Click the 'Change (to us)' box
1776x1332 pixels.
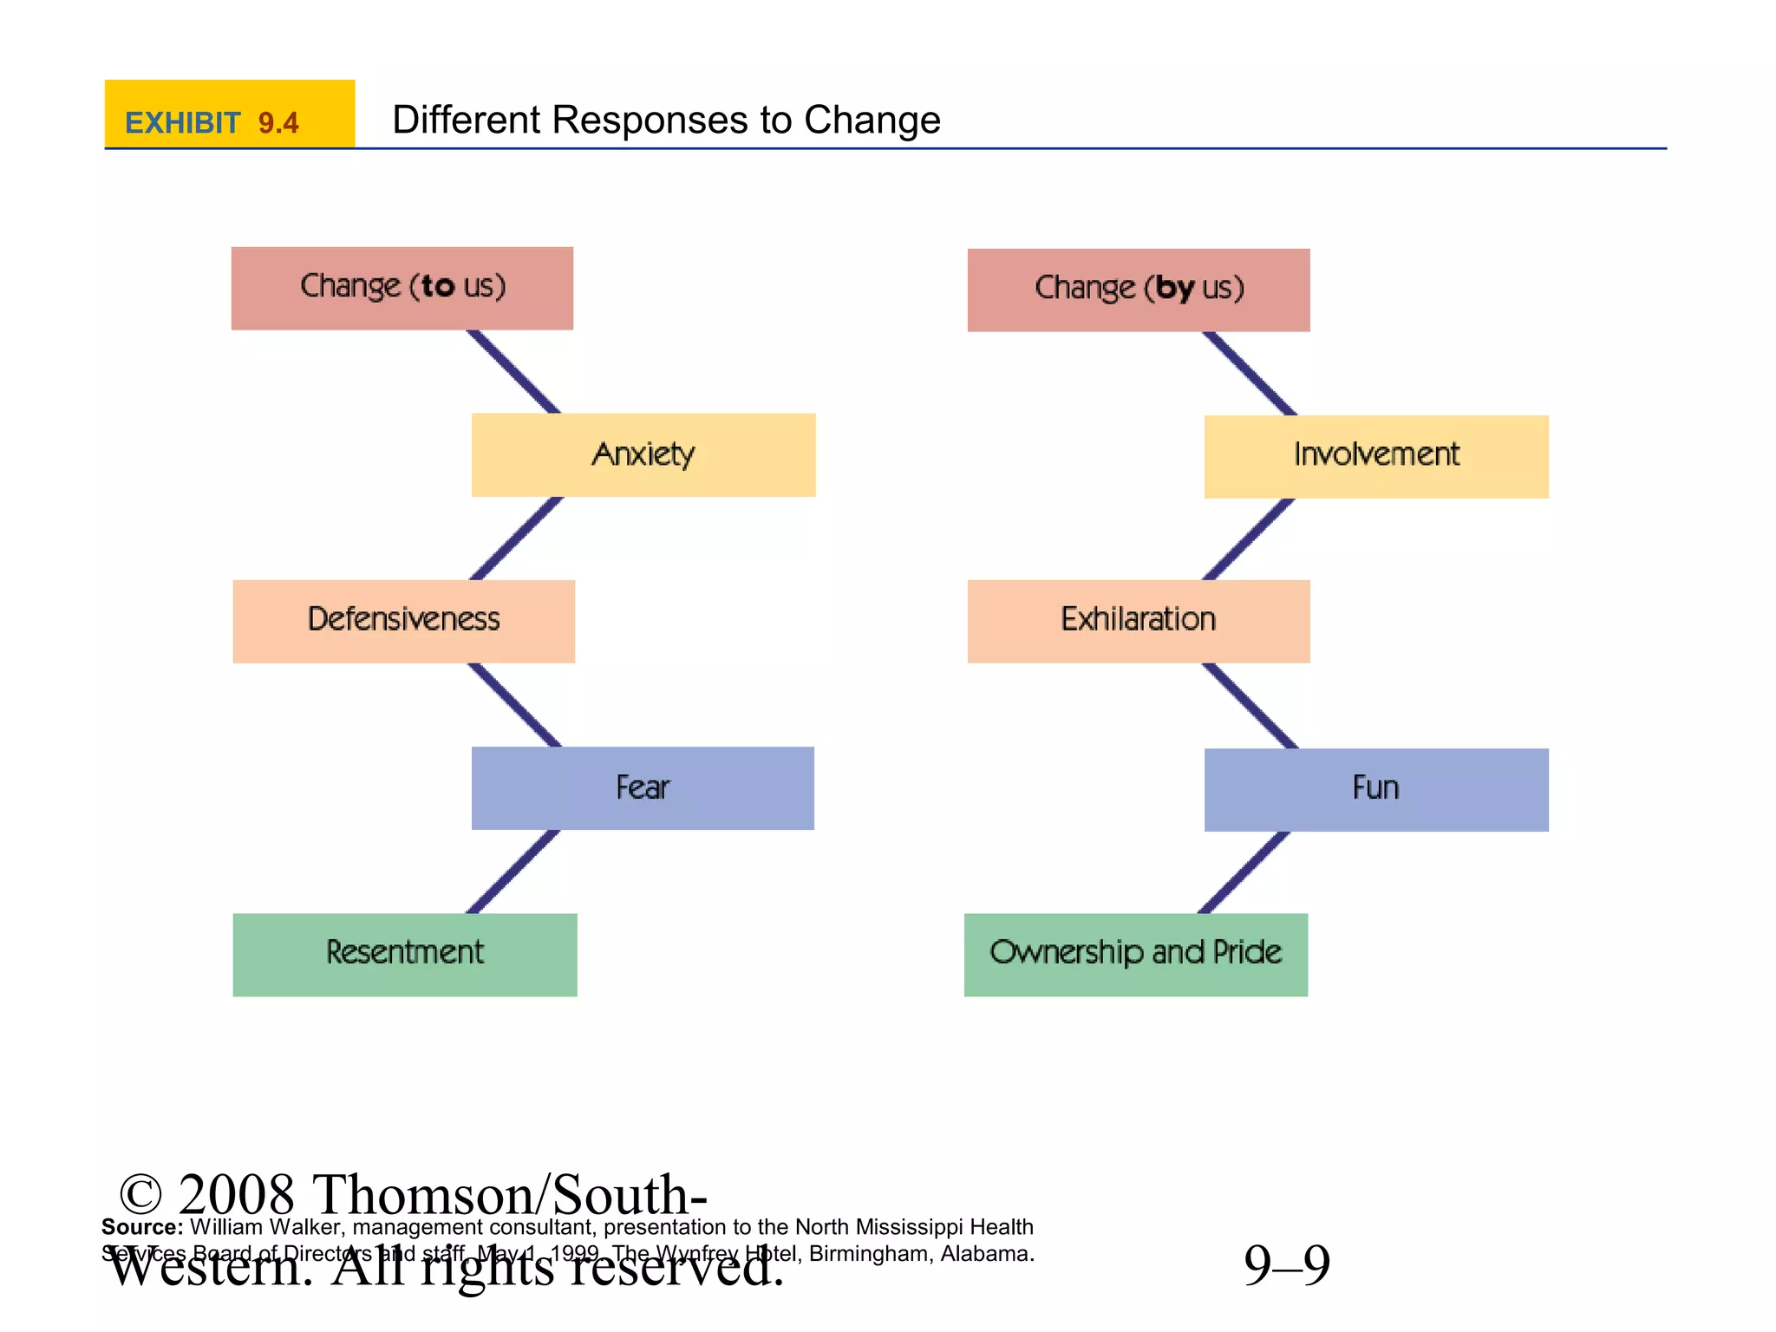click(402, 288)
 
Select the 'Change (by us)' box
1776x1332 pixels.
click(1138, 290)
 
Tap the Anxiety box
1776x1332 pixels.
click(643, 454)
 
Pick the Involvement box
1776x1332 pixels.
click(1375, 456)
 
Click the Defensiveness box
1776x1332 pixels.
click(403, 621)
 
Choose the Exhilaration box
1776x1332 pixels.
click(1138, 621)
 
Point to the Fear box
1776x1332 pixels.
click(643, 787)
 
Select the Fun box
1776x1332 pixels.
click(1375, 789)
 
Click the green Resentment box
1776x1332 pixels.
click(404, 954)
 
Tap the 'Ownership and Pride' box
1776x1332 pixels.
click(1135, 954)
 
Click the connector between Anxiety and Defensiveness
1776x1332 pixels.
click(517, 538)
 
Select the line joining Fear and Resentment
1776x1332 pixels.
click(513, 872)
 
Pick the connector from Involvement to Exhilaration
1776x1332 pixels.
click(1249, 539)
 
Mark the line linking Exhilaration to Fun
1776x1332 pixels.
click(1250, 705)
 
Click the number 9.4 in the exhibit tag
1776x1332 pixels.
click(278, 123)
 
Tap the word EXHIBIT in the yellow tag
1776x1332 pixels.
click(182, 123)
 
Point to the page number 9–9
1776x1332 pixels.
click(1286, 1264)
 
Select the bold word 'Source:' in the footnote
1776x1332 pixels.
click(142, 1227)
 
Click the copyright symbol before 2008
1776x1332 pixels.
click(140, 1194)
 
